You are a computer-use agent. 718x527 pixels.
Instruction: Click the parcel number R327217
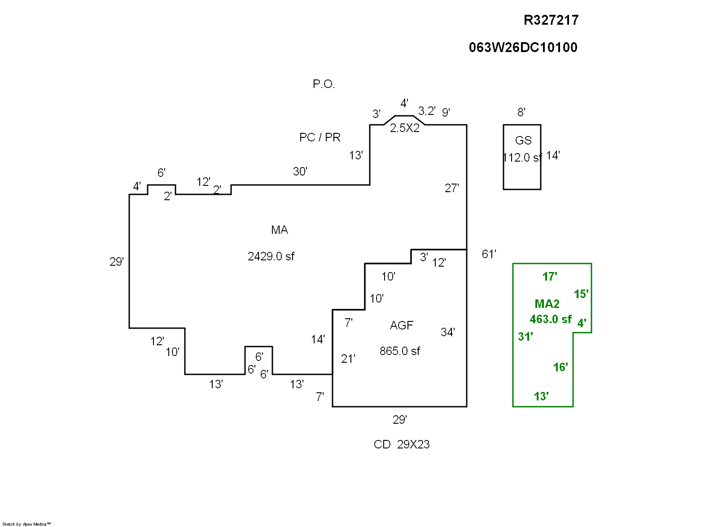tap(551, 20)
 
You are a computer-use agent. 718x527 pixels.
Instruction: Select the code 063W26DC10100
tap(523, 48)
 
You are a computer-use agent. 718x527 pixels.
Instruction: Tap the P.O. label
tap(324, 84)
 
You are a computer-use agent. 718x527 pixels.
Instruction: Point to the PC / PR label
tap(320, 137)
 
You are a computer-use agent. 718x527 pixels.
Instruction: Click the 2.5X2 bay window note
tap(404, 128)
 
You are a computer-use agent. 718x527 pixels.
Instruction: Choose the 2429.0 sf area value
tap(271, 256)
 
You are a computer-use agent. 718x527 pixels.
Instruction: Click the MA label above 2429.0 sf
tap(279, 230)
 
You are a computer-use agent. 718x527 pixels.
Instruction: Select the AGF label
tap(401, 325)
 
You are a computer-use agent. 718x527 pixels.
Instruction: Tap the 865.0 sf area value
tap(399, 351)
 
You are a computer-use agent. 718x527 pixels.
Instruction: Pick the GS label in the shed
tap(523, 141)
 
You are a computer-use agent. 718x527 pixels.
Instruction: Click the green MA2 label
tap(547, 304)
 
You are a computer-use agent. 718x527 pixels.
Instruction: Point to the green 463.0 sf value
tap(551, 319)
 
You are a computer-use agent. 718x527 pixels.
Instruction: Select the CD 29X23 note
tap(402, 444)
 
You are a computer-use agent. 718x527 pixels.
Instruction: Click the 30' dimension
tap(300, 171)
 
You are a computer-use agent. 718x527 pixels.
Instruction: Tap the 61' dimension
tap(489, 254)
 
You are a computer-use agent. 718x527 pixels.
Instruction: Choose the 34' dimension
tap(447, 332)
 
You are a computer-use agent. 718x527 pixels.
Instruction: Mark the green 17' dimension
tap(550, 277)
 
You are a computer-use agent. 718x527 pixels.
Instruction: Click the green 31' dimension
tap(525, 337)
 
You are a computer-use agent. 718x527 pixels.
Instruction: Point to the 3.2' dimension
tap(426, 111)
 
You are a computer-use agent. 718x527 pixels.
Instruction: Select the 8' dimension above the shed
tap(521, 112)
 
